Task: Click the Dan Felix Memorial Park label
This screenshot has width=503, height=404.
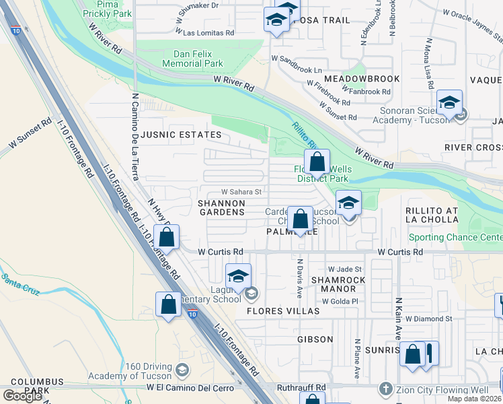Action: pos(198,59)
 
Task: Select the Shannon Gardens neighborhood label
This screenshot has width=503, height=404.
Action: pos(221,207)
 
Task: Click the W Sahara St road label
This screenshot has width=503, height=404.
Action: pos(241,192)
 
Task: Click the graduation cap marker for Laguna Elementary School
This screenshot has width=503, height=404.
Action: pos(237,277)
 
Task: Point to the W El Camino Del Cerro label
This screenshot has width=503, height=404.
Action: pos(190,388)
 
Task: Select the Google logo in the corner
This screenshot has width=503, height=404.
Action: pos(23,396)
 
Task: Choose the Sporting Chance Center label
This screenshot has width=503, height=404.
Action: pos(455,238)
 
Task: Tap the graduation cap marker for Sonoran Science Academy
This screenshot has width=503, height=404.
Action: pos(449,103)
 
